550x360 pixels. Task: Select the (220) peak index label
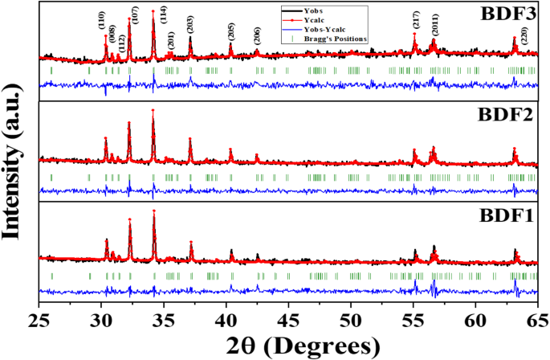point(524,35)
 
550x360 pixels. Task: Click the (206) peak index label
point(256,36)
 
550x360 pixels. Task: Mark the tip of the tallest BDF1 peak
point(153,211)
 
